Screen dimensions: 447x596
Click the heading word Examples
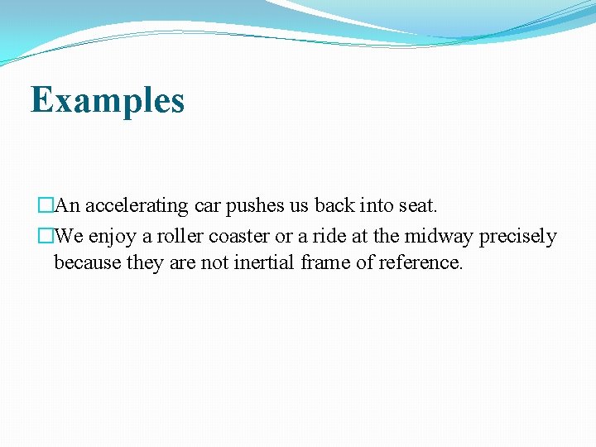pyautogui.click(x=108, y=100)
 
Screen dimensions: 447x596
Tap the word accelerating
pyautogui.click(x=137, y=205)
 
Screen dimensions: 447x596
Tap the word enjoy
pyautogui.click(x=115, y=237)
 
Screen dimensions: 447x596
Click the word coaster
pyautogui.click(x=239, y=236)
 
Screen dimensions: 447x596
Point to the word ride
pyautogui.click(x=329, y=236)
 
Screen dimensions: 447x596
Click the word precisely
pyautogui.click(x=519, y=237)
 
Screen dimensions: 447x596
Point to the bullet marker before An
pyautogui.click(x=46, y=205)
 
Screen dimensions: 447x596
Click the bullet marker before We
pyautogui.click(x=46, y=237)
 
